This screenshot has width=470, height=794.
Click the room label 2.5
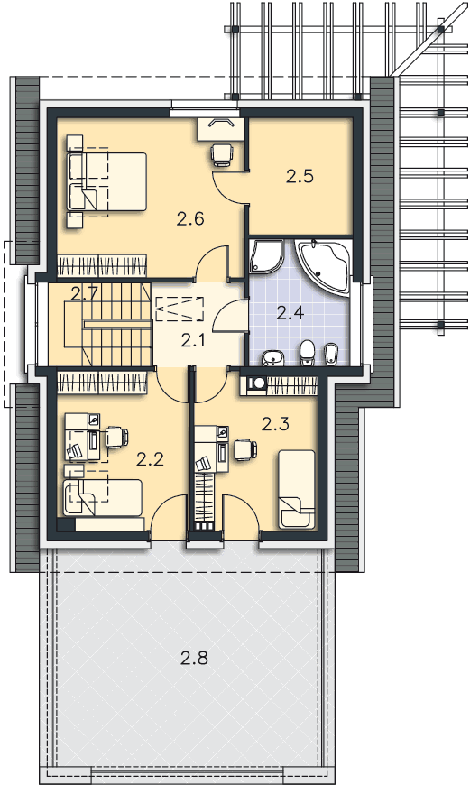tap(300, 176)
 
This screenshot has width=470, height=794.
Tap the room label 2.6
tap(190, 218)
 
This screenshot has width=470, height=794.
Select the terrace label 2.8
tap(195, 658)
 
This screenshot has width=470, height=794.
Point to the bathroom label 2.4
tap(290, 312)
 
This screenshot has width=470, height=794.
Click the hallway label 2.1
tap(193, 341)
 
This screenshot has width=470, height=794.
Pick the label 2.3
tap(275, 424)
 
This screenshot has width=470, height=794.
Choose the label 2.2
tap(151, 459)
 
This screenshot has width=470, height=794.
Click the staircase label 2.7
tap(84, 293)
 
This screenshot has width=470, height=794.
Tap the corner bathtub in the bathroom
tap(324, 267)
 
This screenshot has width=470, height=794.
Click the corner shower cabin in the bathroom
tap(266, 257)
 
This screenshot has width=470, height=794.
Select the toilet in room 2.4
tap(306, 353)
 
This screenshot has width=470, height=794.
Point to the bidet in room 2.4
tap(329, 354)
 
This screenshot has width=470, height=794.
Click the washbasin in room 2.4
tap(273, 357)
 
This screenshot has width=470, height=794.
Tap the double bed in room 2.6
tap(106, 181)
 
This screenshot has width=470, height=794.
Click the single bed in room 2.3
tap(297, 489)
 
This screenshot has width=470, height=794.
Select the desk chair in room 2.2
tap(117, 438)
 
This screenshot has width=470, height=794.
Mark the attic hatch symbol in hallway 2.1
tap(180, 309)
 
